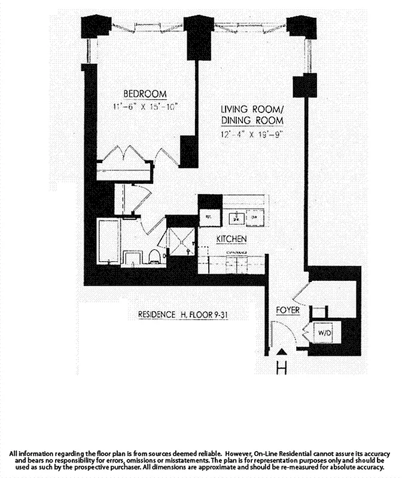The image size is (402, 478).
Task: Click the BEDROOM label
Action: click(x=145, y=94)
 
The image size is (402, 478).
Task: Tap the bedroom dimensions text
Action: click(x=145, y=107)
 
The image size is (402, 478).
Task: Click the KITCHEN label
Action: click(x=232, y=239)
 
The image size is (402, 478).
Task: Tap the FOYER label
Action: click(x=288, y=311)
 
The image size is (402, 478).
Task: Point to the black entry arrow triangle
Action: click(x=282, y=351)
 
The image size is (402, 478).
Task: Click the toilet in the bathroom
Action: click(x=154, y=257)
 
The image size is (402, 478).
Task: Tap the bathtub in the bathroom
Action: click(x=109, y=241)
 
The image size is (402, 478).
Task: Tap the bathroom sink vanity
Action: click(x=132, y=258)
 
